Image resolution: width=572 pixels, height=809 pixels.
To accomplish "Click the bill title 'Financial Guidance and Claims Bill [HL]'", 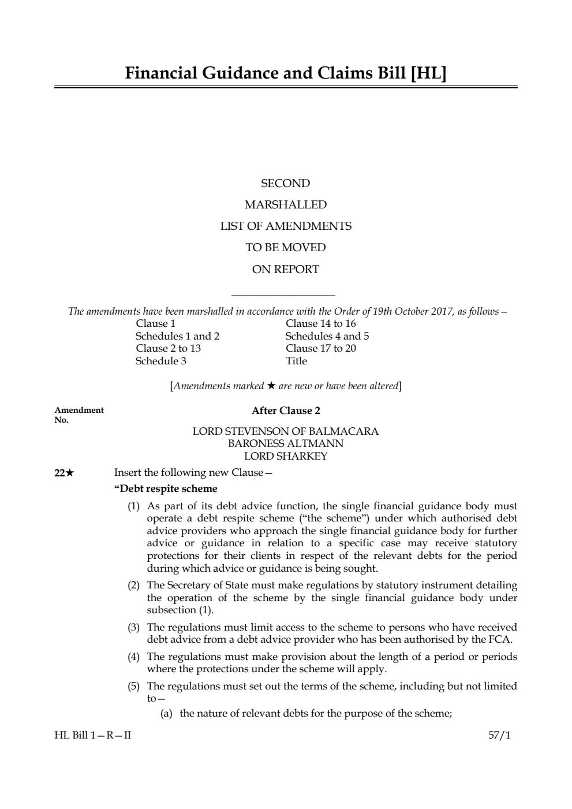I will click(x=286, y=73).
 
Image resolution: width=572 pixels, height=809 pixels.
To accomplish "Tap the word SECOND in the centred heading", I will click(x=286, y=184).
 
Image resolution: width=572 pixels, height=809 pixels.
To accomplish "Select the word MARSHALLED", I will click(x=286, y=205).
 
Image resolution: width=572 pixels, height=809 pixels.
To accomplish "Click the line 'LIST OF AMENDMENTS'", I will click(x=286, y=226).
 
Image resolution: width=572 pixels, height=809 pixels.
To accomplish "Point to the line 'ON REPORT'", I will click(x=286, y=269).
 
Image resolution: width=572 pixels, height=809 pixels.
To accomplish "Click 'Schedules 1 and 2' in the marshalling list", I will click(x=177, y=336).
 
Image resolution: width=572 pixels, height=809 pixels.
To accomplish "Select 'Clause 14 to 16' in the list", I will click(x=321, y=323).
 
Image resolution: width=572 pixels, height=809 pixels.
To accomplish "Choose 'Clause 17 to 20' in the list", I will click(x=321, y=348).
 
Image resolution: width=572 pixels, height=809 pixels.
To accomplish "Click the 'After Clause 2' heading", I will click(x=286, y=411).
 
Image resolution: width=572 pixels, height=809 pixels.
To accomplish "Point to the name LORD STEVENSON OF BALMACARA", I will click(x=286, y=431).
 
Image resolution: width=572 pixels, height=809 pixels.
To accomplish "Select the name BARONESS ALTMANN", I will click(x=286, y=443).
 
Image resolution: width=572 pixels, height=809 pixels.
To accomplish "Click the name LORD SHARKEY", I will click(x=286, y=456).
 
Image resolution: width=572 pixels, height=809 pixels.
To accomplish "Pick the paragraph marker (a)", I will click(x=166, y=713).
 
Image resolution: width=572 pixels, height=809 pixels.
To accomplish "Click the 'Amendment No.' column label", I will click(x=79, y=415).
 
